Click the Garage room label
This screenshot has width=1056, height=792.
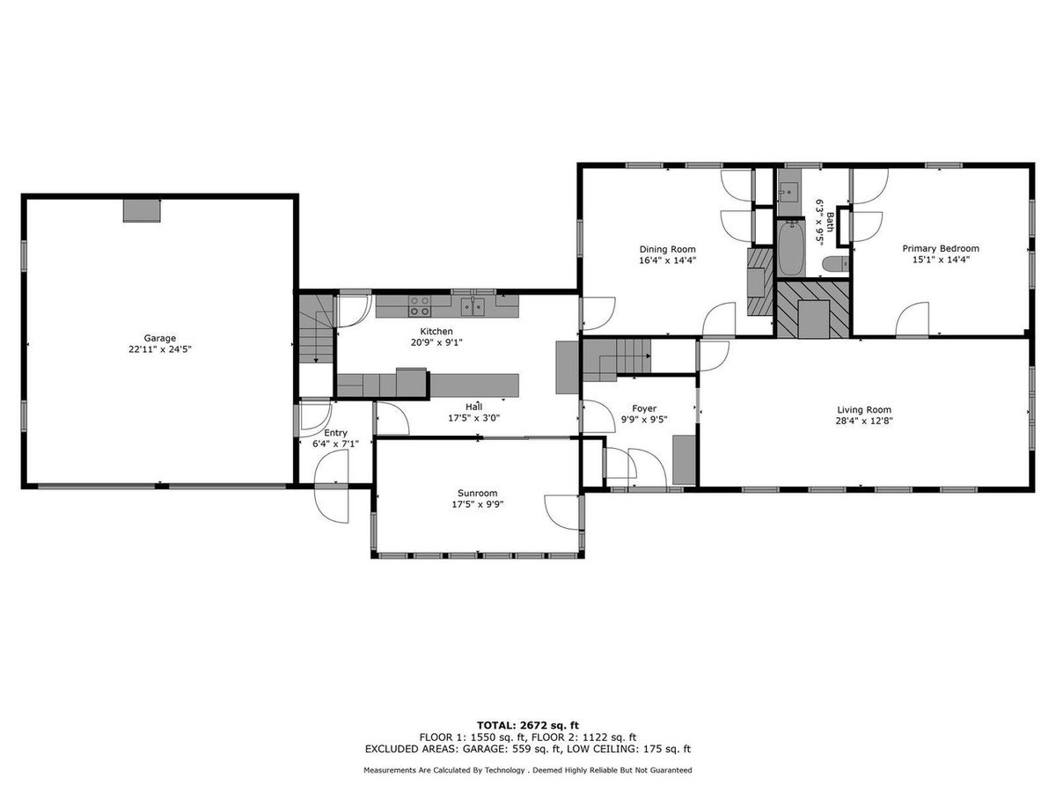coord(160,338)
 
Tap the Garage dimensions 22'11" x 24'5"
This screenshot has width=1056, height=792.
coord(160,349)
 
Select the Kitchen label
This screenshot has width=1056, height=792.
coord(436,331)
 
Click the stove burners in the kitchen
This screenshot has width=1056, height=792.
coord(420,306)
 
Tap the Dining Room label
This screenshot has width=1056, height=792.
coord(667,249)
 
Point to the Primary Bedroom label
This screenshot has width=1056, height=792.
coord(940,248)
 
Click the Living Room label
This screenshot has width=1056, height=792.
coord(863,409)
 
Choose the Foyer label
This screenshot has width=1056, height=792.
coord(644,408)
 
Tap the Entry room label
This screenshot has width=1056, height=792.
coord(335,432)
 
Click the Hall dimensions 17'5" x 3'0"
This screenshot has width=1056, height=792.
coord(473,418)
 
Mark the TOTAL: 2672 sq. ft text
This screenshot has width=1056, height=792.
coord(528,723)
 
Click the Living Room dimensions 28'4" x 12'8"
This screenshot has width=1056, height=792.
coord(863,421)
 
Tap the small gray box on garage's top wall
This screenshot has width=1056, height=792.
coord(142,210)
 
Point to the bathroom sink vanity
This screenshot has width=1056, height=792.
coord(788,191)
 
